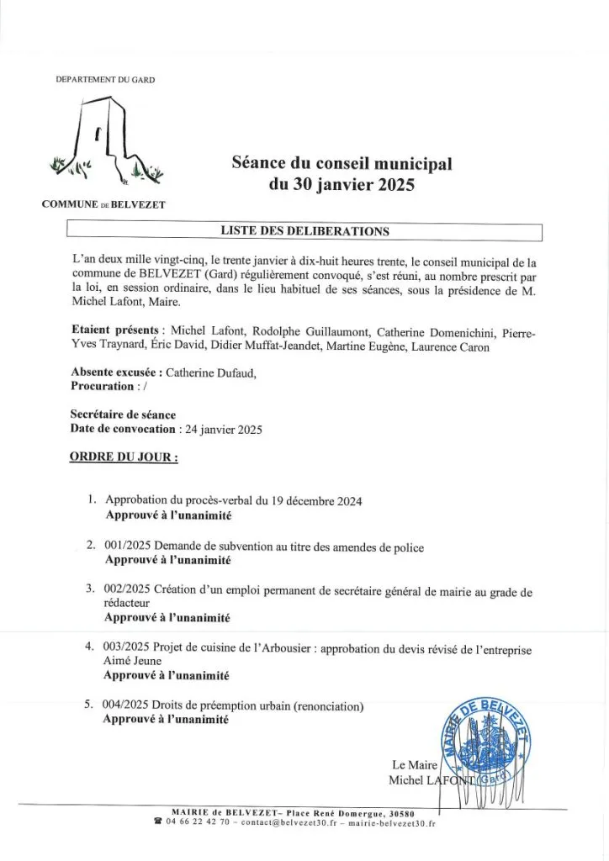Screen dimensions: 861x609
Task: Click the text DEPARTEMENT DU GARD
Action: pos(105,80)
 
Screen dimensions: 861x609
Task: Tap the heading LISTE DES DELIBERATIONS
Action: pos(304,230)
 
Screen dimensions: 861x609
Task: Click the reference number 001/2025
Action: pos(129,547)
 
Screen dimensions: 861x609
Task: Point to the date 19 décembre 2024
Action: pos(316,501)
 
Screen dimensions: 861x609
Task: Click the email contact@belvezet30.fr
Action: pos(289,823)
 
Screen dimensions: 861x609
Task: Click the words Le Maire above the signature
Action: pos(410,764)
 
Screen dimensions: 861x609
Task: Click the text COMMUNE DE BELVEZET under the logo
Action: pos(103,204)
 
